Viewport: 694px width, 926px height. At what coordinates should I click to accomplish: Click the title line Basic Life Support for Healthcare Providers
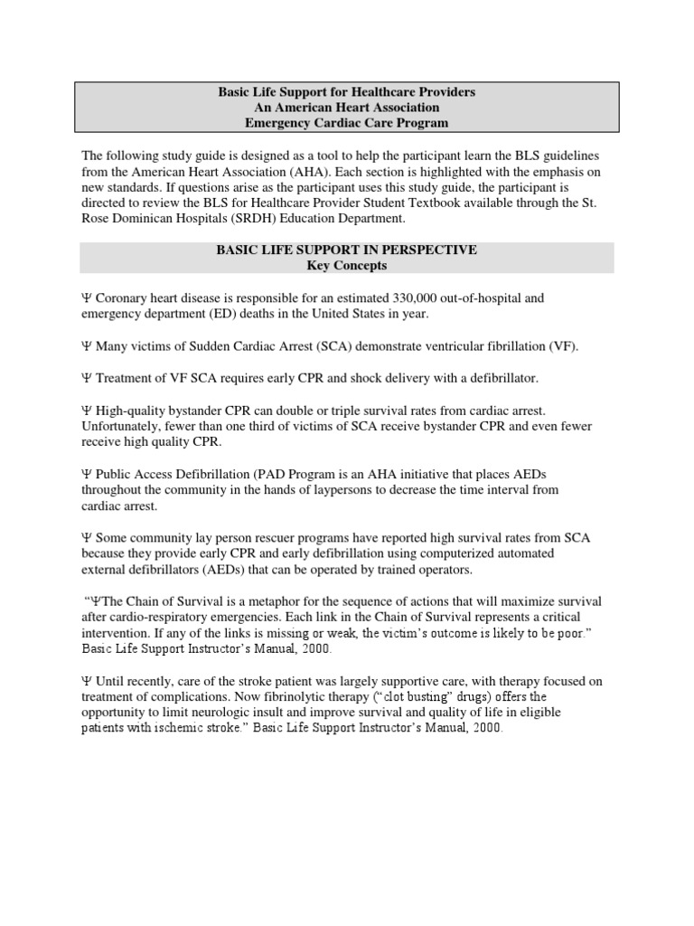[x=346, y=93]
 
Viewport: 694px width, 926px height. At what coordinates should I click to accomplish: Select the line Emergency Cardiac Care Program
[x=346, y=123]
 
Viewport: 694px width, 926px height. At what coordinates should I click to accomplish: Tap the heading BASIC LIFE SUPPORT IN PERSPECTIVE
[x=346, y=250]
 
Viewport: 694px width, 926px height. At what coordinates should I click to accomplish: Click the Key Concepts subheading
[x=346, y=265]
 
